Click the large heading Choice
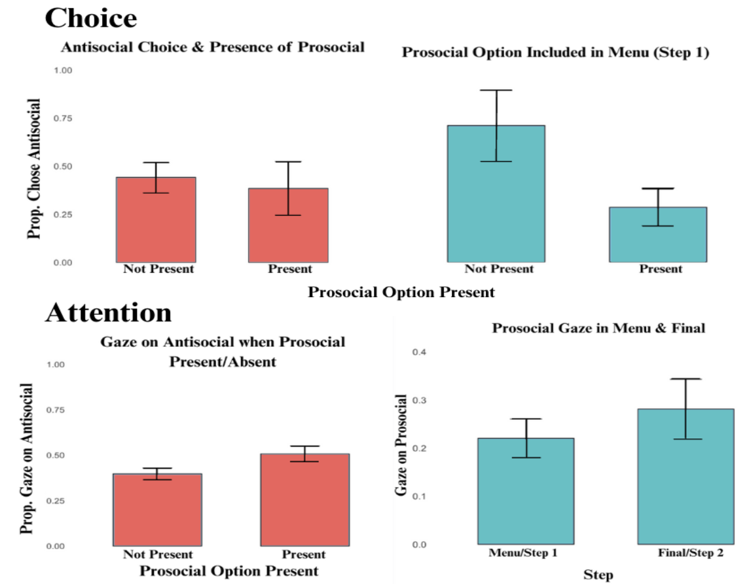coord(91,18)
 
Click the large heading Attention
coord(109,313)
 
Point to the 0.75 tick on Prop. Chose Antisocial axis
coord(63,118)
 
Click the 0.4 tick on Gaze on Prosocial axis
coord(419,352)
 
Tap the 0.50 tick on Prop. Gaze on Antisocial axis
coord(55,456)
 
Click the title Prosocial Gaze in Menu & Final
coord(598,329)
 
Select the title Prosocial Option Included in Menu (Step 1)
coord(555,53)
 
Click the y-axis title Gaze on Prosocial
coord(401,445)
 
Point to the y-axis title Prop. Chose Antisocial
coord(34,169)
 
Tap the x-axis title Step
coord(598,575)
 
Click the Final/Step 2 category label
coord(691,553)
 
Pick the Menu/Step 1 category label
coord(523,553)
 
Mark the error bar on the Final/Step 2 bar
coord(686,408)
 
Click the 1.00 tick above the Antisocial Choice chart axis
coord(63,70)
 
